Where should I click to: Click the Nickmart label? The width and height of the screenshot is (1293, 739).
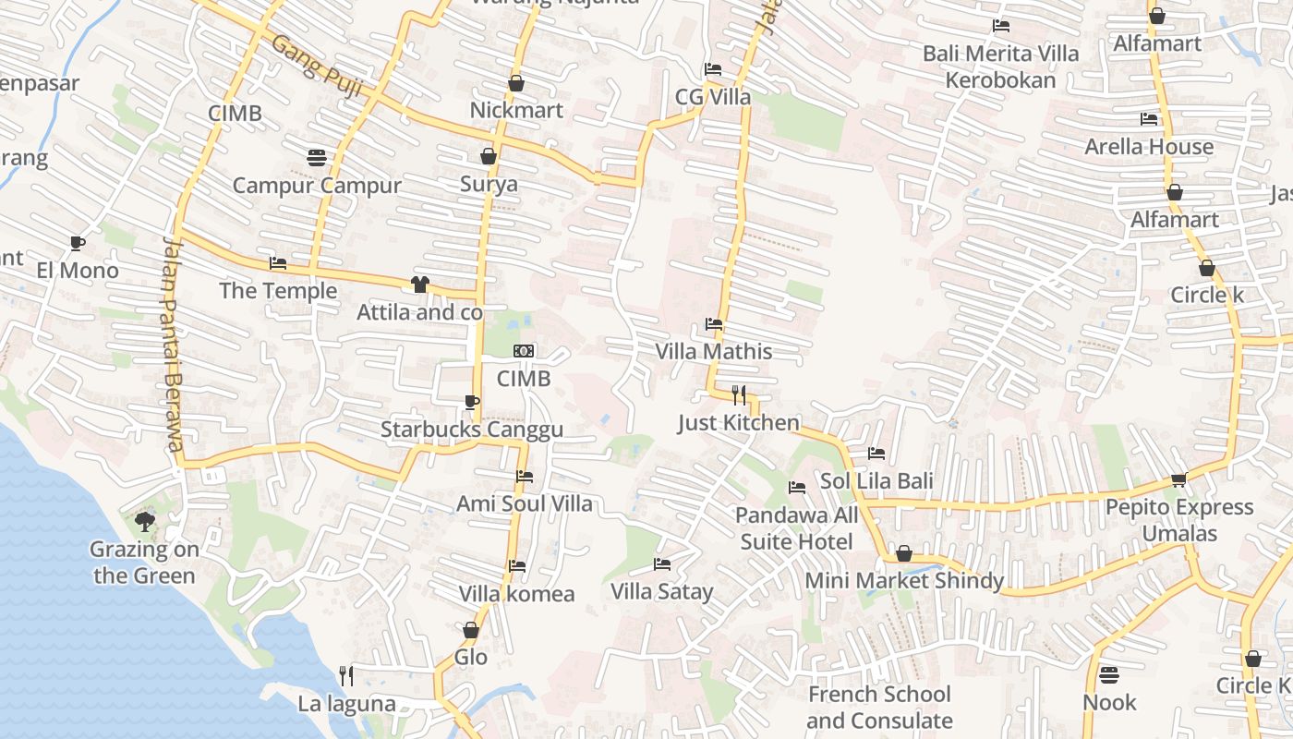(x=516, y=110)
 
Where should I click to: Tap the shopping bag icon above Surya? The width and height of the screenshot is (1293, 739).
(x=489, y=156)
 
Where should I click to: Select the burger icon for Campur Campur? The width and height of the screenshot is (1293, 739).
(x=317, y=157)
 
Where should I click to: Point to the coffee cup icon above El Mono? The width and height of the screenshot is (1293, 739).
(x=78, y=243)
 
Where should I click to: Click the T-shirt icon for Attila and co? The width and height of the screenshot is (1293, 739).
(x=420, y=284)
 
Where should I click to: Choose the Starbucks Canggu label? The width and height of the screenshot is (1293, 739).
(x=472, y=430)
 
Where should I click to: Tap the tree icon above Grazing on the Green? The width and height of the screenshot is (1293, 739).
(x=144, y=522)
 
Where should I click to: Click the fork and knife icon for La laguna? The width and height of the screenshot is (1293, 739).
(x=346, y=675)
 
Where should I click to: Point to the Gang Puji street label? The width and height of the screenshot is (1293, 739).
(x=316, y=66)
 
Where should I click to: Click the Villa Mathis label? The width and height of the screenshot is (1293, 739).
(x=714, y=351)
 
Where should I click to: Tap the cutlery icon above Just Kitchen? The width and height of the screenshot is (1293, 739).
(x=739, y=395)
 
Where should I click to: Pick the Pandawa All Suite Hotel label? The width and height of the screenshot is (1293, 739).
(x=797, y=527)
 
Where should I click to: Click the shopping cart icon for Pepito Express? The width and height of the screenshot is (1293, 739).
(x=1178, y=479)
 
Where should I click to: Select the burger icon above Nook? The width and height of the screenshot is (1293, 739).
(x=1109, y=674)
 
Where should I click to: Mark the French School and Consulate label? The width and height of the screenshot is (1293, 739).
(x=879, y=707)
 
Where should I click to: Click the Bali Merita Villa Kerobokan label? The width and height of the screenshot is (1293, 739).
(x=1001, y=67)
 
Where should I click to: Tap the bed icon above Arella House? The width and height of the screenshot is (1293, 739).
(x=1149, y=118)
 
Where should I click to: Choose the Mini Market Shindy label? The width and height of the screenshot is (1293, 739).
(x=904, y=580)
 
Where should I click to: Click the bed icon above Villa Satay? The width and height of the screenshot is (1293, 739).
(x=662, y=563)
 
